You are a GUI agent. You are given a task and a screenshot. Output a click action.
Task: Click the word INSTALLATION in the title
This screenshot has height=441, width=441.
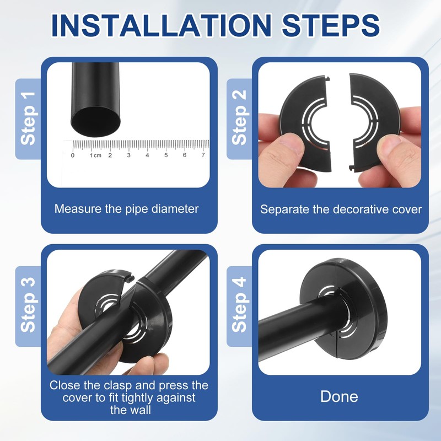coord(162,25)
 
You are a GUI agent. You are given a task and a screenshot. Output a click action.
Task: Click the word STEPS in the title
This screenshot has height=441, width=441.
coord(331,25)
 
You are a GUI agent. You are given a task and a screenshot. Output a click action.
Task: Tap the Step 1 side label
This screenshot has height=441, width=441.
coord(28,119)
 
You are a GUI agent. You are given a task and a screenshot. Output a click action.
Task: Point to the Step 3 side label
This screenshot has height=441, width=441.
coord(28,305)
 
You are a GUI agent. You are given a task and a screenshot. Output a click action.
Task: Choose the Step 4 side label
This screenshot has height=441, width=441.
coord(239,305)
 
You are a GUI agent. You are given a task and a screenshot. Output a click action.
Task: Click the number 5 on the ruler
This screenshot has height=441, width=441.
coord(166,155)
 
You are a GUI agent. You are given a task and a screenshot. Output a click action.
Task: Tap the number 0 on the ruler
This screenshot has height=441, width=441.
coord(73,155)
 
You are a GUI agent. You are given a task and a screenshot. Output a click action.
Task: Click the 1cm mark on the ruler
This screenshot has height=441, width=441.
coord(95,155)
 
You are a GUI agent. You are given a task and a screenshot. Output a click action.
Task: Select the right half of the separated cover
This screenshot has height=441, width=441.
coord(374,122)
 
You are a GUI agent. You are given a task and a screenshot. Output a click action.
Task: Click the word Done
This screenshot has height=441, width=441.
coord(339,396)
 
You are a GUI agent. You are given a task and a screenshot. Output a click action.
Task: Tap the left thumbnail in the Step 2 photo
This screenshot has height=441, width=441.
coord(287,143)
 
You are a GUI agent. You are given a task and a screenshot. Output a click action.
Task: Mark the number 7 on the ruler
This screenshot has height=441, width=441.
coord(203,155)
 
